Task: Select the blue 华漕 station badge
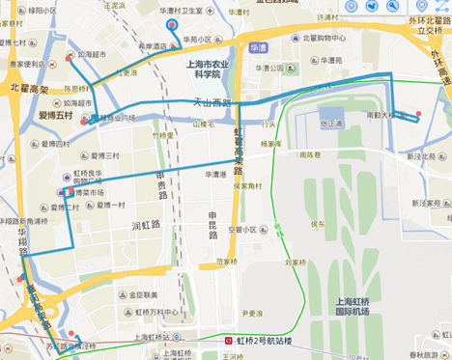[x=258, y=46]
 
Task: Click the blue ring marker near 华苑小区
[x=172, y=24]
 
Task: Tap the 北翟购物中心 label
[x=325, y=40]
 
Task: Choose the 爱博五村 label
[x=55, y=116]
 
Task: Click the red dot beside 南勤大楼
[x=418, y=118]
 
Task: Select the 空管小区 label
[x=248, y=230]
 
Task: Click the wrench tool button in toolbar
[x=394, y=7]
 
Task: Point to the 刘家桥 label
[x=297, y=262]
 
